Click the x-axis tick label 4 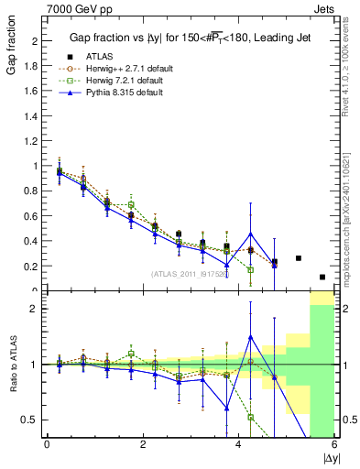pyautogui.click(x=238, y=445)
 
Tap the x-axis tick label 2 pyautogui.click(x=143, y=445)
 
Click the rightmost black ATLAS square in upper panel pyautogui.click(x=322, y=277)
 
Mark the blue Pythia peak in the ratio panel pyautogui.click(x=250, y=337)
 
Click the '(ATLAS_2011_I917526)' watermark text pyautogui.click(x=190, y=273)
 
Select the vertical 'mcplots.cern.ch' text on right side pyautogui.click(x=349, y=229)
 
